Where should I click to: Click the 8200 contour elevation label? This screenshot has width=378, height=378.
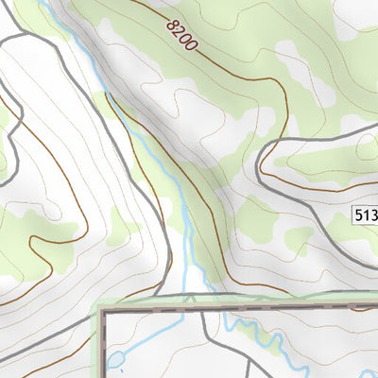click(181, 35)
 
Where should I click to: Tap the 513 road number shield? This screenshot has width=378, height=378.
click(365, 215)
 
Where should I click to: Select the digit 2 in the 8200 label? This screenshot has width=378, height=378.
click(178, 32)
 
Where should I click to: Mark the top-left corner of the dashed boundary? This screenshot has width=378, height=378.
click(103, 310)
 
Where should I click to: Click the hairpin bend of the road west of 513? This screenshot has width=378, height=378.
click(263, 170)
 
